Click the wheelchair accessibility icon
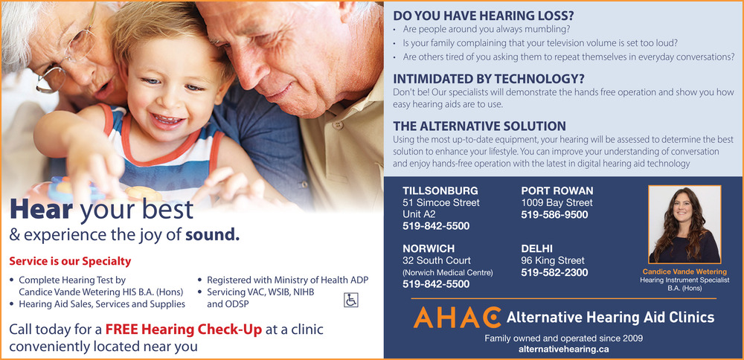[350, 300]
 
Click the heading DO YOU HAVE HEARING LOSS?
[484, 16]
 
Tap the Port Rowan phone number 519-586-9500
[554, 215]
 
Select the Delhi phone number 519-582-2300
[554, 273]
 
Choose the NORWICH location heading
[429, 249]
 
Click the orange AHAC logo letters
[457, 318]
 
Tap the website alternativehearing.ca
[564, 349]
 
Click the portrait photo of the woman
[684, 225]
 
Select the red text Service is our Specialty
[70, 261]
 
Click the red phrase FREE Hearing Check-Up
[184, 330]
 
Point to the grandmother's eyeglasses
[66, 57]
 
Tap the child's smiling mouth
[167, 118]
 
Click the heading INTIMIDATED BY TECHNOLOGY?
[489, 79]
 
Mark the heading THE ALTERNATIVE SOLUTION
[480, 126]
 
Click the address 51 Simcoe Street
[440, 203]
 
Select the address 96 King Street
[553, 261]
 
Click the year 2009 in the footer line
[633, 338]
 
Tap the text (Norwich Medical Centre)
[447, 273]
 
